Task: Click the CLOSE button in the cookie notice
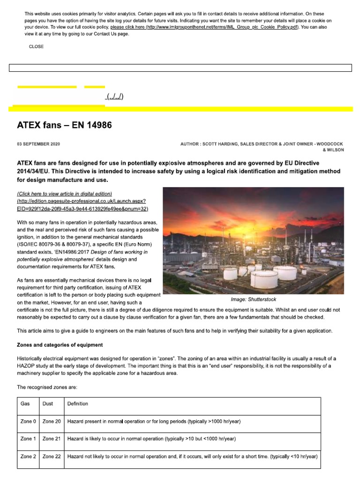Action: point(36,46)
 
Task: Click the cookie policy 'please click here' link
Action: point(130,27)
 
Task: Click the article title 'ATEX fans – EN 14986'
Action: point(65,125)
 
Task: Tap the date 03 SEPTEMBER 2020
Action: point(38,144)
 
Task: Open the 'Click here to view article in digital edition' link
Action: point(65,194)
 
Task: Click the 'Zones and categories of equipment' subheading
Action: point(60,345)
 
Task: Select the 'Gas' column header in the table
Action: point(25,404)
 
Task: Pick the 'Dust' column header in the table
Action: point(47,404)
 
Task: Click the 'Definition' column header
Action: point(78,404)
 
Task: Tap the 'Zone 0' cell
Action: point(28,421)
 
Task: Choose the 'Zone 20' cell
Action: point(52,421)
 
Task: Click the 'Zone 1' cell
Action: point(28,439)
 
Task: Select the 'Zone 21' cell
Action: point(52,439)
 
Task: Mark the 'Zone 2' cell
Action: point(28,457)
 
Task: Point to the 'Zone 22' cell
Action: point(52,457)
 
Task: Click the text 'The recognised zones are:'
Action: point(44,387)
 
